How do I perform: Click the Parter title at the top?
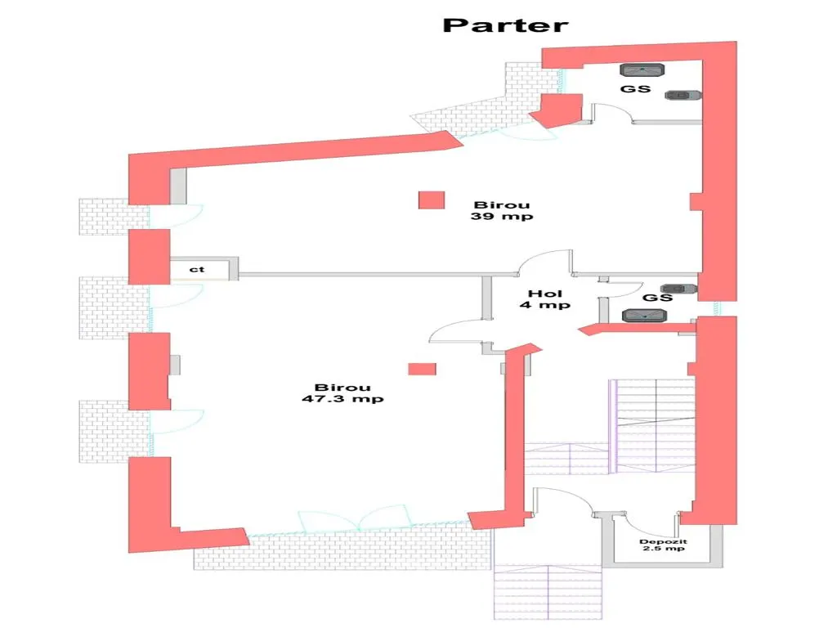[x=505, y=25]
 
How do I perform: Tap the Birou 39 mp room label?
[x=502, y=210]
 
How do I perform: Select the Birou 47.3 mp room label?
[x=342, y=393]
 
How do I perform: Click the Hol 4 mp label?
[x=545, y=299]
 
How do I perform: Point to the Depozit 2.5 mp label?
[x=664, y=545]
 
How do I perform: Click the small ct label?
[x=197, y=269]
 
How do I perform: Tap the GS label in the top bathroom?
[x=636, y=88]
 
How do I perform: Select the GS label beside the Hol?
[x=657, y=298]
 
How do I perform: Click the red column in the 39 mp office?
[x=432, y=200]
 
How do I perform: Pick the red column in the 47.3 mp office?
[x=423, y=369]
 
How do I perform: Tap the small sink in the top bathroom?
[x=683, y=95]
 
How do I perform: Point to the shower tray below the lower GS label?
[x=645, y=316]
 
